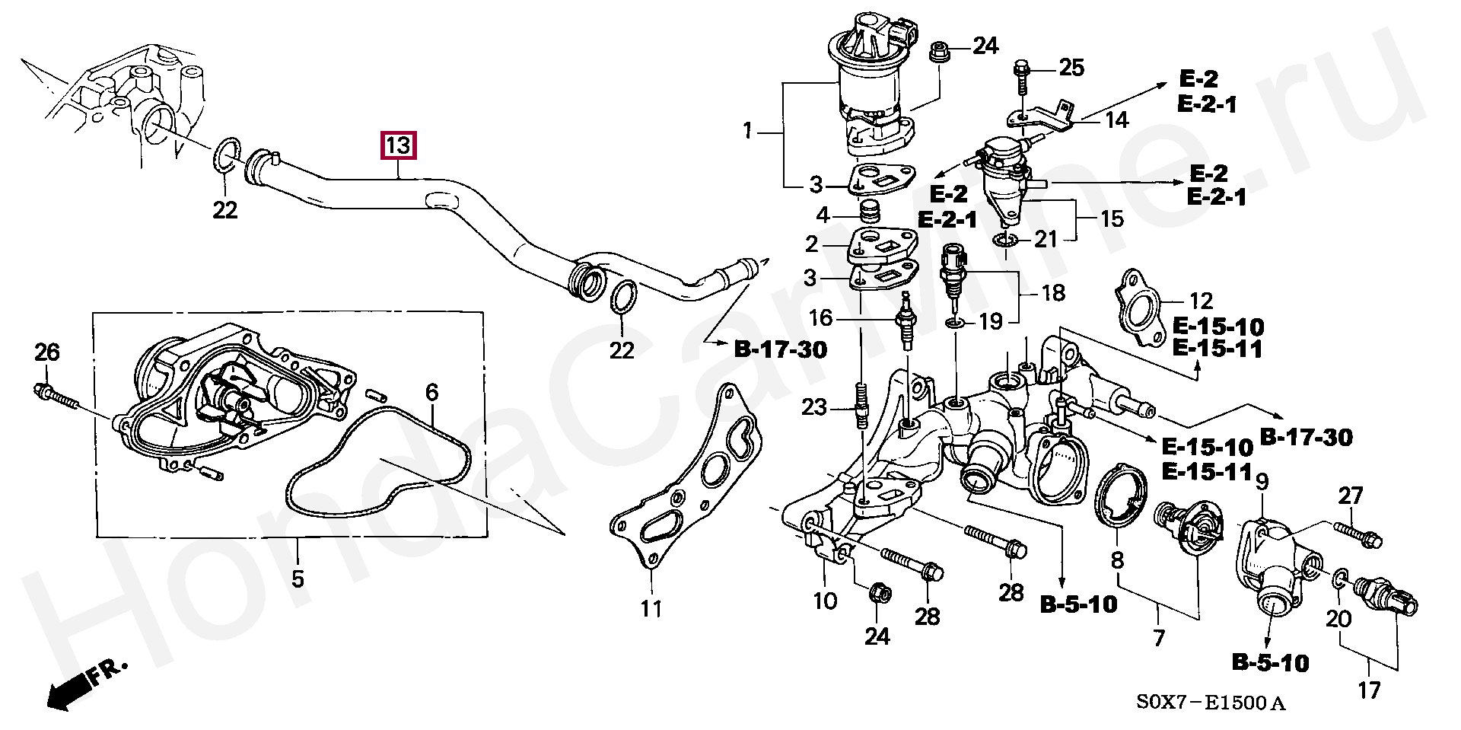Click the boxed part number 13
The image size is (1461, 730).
point(399,145)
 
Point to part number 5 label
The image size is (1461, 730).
point(297,579)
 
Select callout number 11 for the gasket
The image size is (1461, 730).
point(651,608)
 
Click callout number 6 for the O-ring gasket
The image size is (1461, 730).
point(431,393)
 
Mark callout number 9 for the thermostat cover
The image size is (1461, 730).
point(1261,482)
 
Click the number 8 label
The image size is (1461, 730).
point(1116,559)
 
